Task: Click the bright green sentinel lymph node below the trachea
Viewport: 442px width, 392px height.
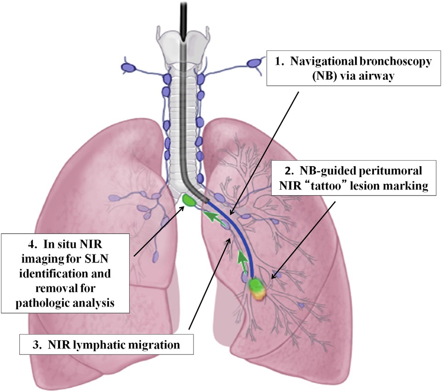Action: [188, 200]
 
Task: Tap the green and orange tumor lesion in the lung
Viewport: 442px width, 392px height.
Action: [257, 289]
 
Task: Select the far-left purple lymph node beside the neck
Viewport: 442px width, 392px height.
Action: [128, 67]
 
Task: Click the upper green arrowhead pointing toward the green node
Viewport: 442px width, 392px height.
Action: [209, 215]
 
